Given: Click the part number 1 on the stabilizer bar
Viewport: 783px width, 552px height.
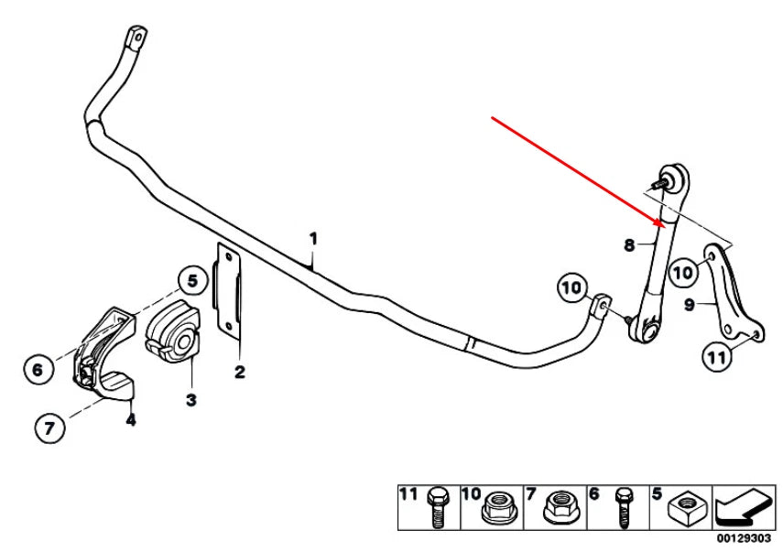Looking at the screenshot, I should (x=313, y=239).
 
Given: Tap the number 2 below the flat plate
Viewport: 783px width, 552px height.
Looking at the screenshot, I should (x=240, y=372).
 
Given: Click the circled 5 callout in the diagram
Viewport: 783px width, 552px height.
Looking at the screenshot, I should (x=191, y=281).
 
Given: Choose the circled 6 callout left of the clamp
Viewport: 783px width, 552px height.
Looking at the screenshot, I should (x=38, y=370).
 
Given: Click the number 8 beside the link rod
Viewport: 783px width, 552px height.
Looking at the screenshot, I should (x=629, y=245).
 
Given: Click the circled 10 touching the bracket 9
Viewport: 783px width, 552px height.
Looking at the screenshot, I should (x=682, y=272).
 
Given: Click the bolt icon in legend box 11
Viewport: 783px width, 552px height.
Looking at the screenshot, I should (x=436, y=508).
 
